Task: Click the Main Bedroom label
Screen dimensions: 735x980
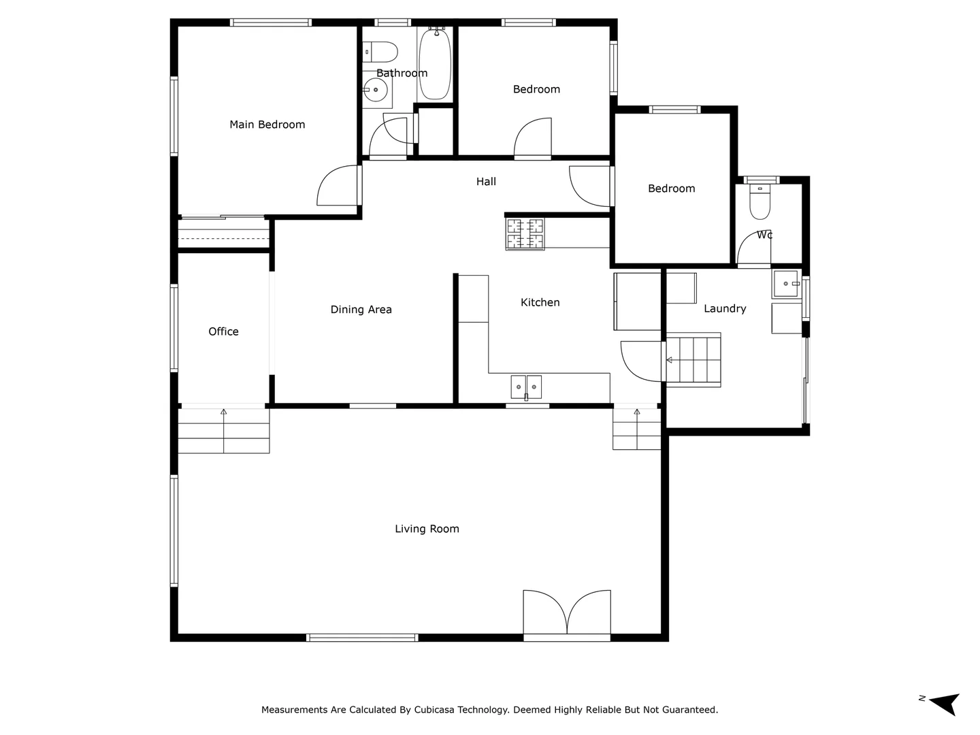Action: (x=267, y=125)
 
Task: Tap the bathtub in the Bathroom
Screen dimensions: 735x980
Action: (x=435, y=65)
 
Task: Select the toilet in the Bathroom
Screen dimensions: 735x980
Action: (x=381, y=51)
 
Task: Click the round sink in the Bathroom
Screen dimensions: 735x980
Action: (x=375, y=90)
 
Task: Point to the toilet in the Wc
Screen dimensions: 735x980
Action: (x=759, y=203)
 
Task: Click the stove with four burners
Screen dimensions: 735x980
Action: (x=525, y=233)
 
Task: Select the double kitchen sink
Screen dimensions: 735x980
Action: (x=526, y=387)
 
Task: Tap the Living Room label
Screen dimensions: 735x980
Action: (x=427, y=529)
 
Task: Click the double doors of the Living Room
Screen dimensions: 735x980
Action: (x=567, y=612)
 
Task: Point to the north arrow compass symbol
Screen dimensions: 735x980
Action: (x=945, y=703)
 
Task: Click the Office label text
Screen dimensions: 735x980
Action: (x=223, y=331)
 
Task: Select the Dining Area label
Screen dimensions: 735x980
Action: (x=361, y=310)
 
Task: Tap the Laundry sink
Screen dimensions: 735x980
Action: (x=786, y=284)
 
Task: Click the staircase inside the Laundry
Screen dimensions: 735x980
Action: (x=693, y=360)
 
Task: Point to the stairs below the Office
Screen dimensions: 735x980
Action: (x=224, y=430)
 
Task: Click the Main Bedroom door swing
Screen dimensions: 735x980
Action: (x=338, y=186)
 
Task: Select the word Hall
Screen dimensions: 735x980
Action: (x=486, y=182)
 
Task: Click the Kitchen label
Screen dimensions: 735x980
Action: (x=540, y=303)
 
